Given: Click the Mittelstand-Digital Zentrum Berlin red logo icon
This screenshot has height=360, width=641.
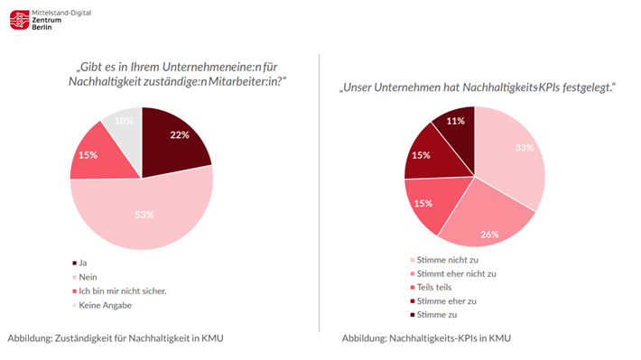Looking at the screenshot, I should click(x=19, y=20).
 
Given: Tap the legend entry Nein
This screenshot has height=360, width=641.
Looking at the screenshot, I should click(x=88, y=278).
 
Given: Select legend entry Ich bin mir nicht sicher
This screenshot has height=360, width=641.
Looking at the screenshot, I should click(x=118, y=292).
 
